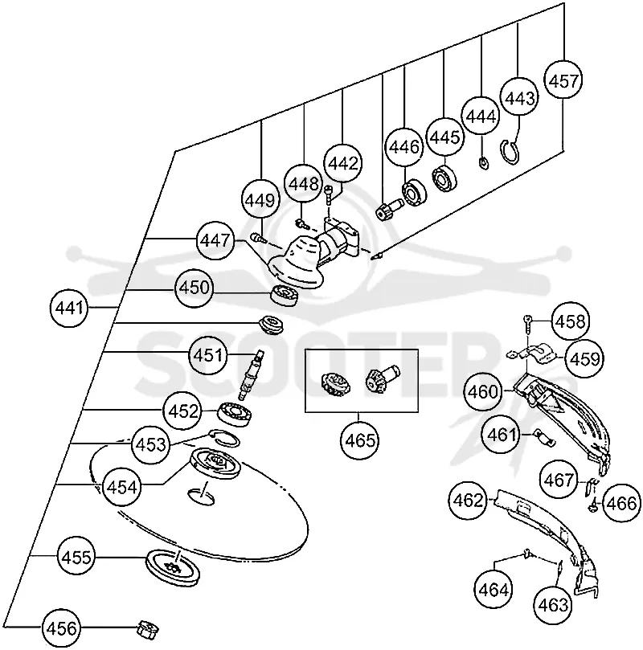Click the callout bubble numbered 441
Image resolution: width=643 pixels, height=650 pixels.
pyautogui.click(x=69, y=308)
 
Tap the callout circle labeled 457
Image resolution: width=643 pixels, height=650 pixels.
pyautogui.click(x=563, y=80)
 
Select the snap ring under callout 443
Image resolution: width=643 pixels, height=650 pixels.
pyautogui.click(x=510, y=152)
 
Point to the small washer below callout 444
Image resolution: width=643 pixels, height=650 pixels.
pyautogui.click(x=483, y=164)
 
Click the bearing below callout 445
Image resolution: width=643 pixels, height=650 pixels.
pyautogui.click(x=444, y=178)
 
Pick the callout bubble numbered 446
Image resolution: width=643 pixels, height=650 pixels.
pyautogui.click(x=404, y=146)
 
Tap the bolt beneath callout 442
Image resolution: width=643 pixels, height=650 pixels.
pyautogui.click(x=329, y=194)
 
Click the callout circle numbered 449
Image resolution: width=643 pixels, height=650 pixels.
pyautogui.click(x=260, y=200)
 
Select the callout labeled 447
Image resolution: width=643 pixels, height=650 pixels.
pyautogui.click(x=215, y=240)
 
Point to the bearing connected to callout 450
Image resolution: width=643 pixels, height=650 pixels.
pyautogui.click(x=284, y=295)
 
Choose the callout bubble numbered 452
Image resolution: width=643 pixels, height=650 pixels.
pyautogui.click(x=182, y=411)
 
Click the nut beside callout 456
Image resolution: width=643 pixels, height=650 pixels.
pyautogui.click(x=147, y=629)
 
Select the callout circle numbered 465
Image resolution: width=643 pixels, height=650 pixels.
pyautogui.click(x=360, y=440)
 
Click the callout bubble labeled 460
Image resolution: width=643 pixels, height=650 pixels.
pyautogui.click(x=482, y=392)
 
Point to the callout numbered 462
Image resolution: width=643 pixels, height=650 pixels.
pyautogui.click(x=468, y=501)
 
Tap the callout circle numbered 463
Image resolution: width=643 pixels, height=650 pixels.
pyautogui.click(x=553, y=605)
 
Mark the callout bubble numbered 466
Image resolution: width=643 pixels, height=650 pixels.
pyautogui.click(x=620, y=504)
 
